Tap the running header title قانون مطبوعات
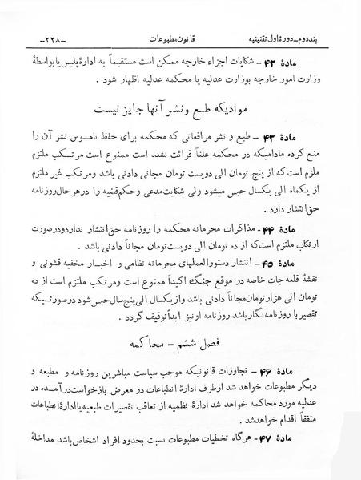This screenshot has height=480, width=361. point(181,38)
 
